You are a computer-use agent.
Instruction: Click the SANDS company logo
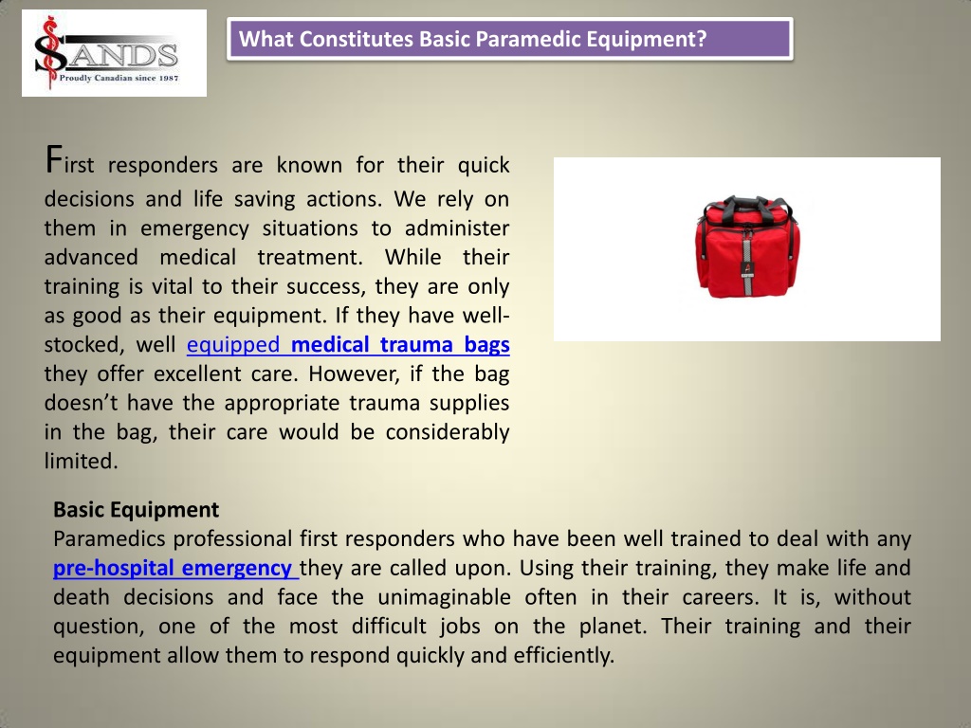click(114, 53)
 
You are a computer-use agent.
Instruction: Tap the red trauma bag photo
click(747, 248)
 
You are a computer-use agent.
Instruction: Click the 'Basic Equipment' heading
click(136, 510)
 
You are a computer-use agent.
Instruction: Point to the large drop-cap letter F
click(55, 158)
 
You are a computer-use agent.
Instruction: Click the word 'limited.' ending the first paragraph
click(82, 461)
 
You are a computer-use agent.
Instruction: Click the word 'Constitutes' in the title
click(356, 40)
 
